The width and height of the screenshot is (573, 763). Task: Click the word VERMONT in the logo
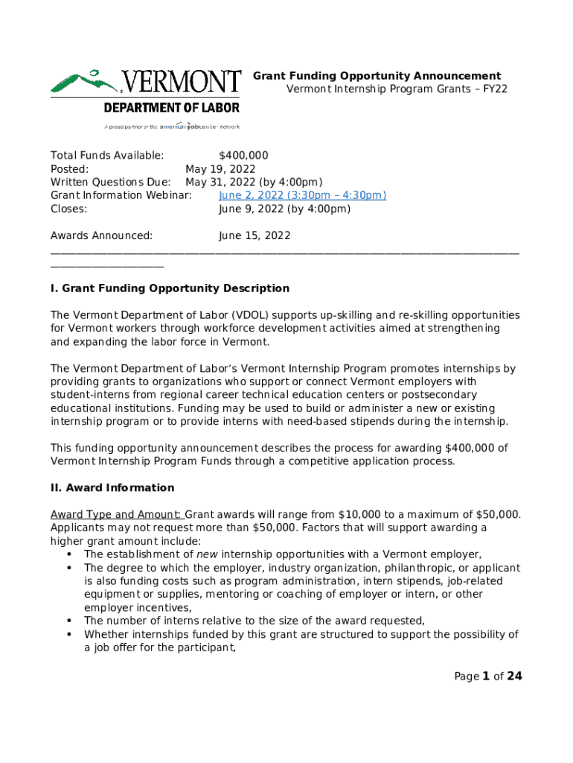(x=181, y=82)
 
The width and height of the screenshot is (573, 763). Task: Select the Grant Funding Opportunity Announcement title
(x=377, y=76)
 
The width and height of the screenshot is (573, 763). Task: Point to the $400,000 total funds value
(x=243, y=155)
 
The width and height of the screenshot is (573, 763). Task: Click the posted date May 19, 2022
(x=220, y=169)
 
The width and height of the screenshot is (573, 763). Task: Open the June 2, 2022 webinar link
(x=302, y=195)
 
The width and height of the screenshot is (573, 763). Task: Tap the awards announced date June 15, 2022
(x=254, y=235)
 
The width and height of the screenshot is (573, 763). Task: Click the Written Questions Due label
(x=110, y=183)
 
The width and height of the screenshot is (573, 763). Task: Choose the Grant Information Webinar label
(x=121, y=195)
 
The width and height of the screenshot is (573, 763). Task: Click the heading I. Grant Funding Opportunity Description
(x=170, y=288)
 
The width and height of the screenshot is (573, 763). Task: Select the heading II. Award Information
(x=112, y=488)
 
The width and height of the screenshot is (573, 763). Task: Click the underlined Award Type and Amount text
(x=115, y=515)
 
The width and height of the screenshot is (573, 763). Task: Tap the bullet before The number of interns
(x=69, y=621)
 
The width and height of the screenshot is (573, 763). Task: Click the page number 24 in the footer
(x=514, y=677)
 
